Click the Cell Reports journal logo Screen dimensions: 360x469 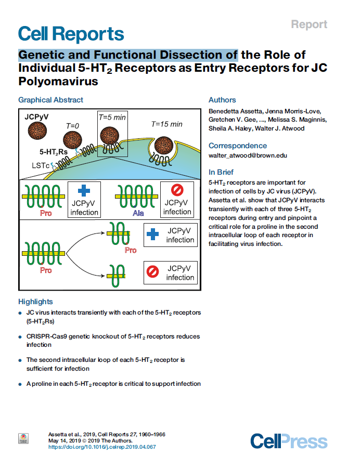tap(71, 34)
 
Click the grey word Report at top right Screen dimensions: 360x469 tap(309, 24)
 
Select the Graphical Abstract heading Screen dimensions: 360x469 tap(50, 100)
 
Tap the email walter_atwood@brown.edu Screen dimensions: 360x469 tap(248, 155)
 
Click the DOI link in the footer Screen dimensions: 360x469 tap(102, 447)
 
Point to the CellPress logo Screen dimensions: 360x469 tap(289, 441)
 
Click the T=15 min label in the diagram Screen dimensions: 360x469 tap(166, 124)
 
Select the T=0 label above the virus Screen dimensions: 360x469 tap(72, 126)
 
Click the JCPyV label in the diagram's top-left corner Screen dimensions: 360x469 tap(36, 117)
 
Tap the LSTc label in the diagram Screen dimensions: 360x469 tap(41, 165)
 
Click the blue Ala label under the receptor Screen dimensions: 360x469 tap(138, 213)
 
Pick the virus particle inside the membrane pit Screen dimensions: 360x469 tap(164, 146)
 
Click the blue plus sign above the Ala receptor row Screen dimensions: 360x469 tap(84, 190)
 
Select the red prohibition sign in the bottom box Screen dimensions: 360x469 tap(152, 272)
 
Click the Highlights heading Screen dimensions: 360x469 tap(35, 302)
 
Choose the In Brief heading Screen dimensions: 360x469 tap(221, 172)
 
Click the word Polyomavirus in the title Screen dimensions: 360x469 tap(58, 81)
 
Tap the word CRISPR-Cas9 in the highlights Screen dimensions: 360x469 tap(47, 336)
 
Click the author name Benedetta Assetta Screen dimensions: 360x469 tap(236, 111)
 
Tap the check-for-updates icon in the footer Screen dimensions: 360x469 tap(23, 439)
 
